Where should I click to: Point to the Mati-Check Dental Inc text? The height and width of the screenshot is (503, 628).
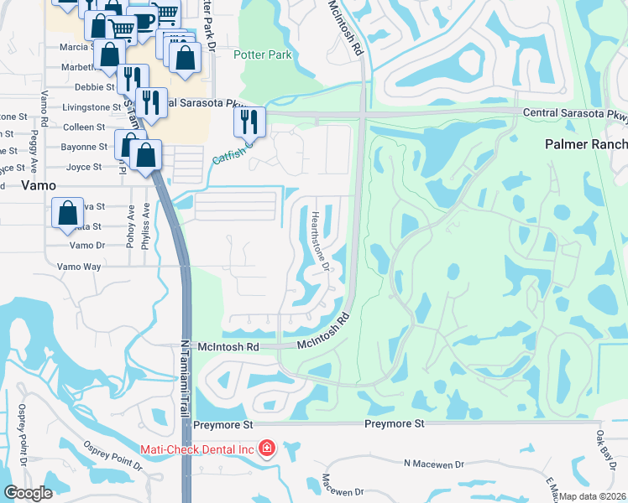coord(199,449)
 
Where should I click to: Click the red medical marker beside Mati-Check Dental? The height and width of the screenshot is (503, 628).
coord(267,449)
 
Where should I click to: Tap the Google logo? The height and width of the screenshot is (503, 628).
coord(29,493)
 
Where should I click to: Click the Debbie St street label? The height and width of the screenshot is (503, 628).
coord(94,86)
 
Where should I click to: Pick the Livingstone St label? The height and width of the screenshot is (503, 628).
coord(92,107)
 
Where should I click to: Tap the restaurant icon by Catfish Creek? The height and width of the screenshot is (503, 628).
coord(249,121)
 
